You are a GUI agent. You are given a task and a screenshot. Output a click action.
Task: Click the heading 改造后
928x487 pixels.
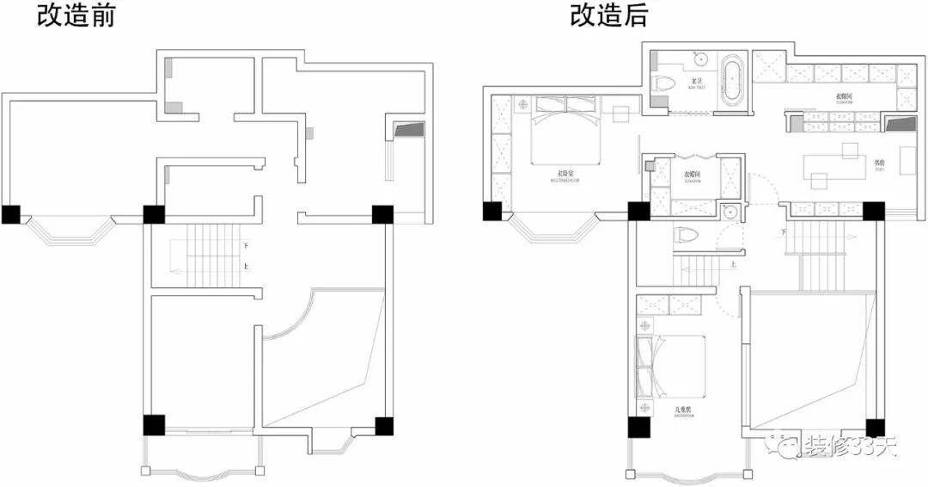pyautogui.click(x=607, y=15)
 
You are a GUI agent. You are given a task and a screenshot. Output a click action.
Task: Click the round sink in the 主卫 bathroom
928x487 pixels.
pyautogui.click(x=700, y=60)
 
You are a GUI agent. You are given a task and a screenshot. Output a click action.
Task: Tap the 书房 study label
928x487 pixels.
pyautogui.click(x=879, y=161)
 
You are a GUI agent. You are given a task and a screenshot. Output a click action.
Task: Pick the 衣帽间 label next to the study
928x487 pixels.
pyautogui.click(x=843, y=97)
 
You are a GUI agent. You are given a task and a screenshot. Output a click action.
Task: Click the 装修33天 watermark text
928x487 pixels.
pyautogui.click(x=851, y=446)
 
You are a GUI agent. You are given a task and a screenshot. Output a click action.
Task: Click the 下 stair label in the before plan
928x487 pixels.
pyautogui.click(x=246, y=246)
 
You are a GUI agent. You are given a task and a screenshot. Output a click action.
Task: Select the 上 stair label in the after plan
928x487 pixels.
pyautogui.click(x=733, y=265)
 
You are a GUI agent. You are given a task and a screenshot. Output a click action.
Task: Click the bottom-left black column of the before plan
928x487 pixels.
pyautogui.click(x=153, y=425)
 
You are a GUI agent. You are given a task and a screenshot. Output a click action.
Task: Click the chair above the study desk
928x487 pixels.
pyautogui.click(x=851, y=150)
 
